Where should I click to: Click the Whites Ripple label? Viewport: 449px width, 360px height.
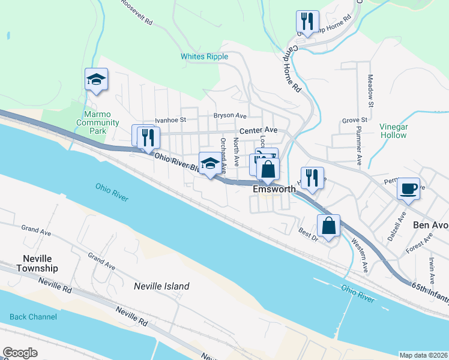[x=204, y=56]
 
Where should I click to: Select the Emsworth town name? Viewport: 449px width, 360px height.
[x=274, y=189]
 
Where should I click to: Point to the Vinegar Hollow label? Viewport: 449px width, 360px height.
[x=394, y=131]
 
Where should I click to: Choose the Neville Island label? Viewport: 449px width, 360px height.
[x=161, y=286]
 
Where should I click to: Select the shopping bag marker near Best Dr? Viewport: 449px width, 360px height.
[x=328, y=226]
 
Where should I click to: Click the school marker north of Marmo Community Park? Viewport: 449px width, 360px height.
[x=96, y=79]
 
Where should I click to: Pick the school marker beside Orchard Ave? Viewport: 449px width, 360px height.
[x=209, y=164]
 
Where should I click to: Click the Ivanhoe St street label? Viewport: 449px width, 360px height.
[x=171, y=121]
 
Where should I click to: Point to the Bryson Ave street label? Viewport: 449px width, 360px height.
[x=231, y=115]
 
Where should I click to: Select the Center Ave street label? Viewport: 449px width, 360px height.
[x=258, y=130]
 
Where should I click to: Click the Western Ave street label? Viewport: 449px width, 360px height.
[x=360, y=256]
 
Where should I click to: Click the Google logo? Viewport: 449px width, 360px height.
[x=20, y=353]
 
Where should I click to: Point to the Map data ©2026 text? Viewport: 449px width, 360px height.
[x=423, y=355]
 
